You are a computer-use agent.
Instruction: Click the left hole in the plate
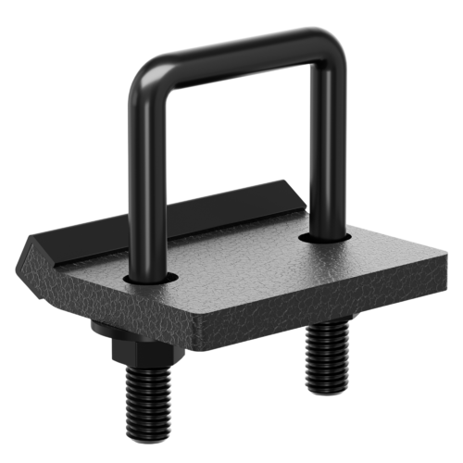click(x=150, y=277)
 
